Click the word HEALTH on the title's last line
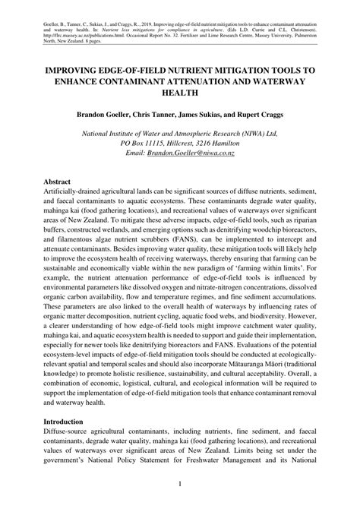[x=180, y=93]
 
